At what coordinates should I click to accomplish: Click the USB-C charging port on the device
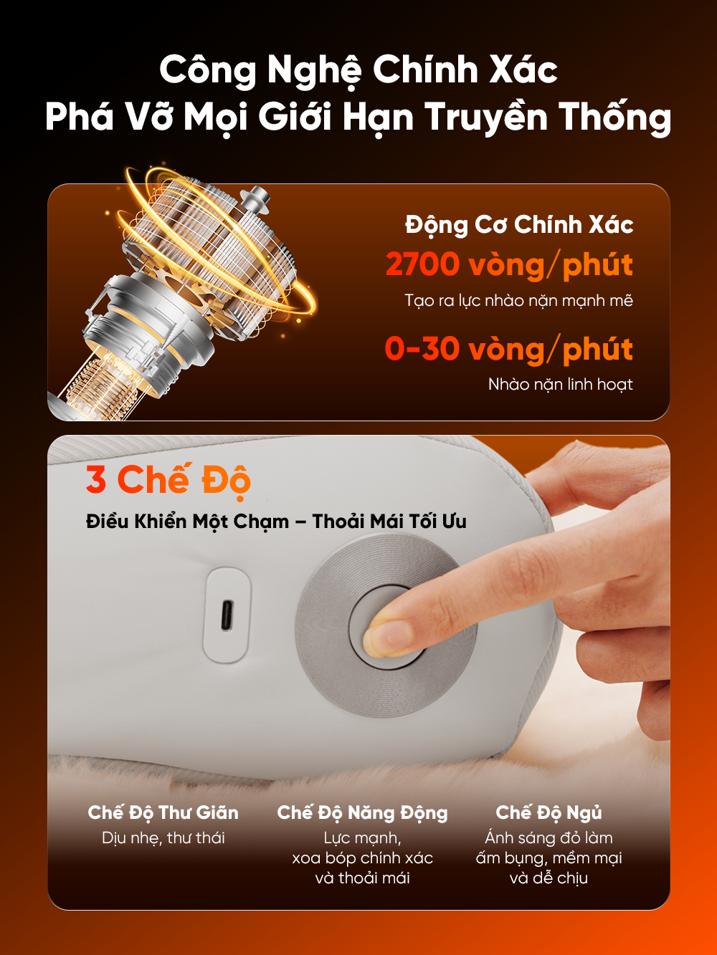point(227,614)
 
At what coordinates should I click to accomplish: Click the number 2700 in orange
point(422,264)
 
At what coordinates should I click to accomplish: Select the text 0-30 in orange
point(422,349)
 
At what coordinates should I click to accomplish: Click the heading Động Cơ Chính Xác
point(518,225)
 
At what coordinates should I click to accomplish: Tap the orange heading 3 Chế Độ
point(168,480)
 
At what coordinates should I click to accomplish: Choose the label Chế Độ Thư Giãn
point(163,812)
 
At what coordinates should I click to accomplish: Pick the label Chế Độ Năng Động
point(362,812)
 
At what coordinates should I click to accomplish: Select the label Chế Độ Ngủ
point(549,812)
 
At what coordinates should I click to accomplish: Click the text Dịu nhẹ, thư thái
point(163,838)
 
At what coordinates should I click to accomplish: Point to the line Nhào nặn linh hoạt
point(560,385)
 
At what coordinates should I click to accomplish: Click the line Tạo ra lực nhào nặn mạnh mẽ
point(518,300)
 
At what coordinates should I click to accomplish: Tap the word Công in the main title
point(207,71)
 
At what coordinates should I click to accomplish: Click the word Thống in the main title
point(614,117)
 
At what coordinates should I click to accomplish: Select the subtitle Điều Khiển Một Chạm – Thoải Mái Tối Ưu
point(276,521)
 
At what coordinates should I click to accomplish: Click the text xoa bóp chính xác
point(362,858)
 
